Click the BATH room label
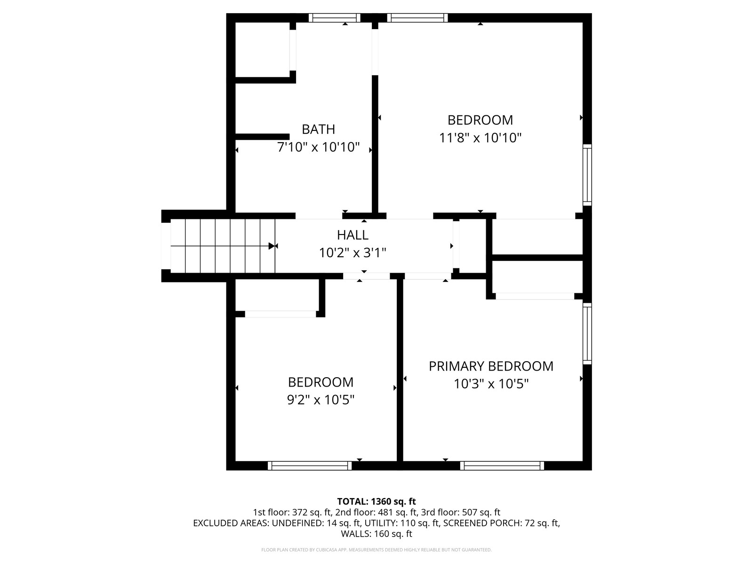(318, 129)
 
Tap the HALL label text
(352, 235)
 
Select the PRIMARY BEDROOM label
(491, 366)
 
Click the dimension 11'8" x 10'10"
(481, 138)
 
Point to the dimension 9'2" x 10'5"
(321, 400)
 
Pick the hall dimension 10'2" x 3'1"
(352, 253)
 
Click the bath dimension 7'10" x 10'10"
(318, 147)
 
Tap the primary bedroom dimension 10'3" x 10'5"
(491, 384)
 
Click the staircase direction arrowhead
(272, 246)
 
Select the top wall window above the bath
(335, 18)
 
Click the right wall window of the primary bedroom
(587, 333)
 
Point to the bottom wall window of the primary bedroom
(502, 466)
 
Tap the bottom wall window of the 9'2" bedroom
(310, 466)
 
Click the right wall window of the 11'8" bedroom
(587, 175)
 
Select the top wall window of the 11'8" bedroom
(417, 18)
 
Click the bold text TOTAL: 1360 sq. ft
(376, 501)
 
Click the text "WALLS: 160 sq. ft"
(376, 534)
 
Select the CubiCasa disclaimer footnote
(376, 550)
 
